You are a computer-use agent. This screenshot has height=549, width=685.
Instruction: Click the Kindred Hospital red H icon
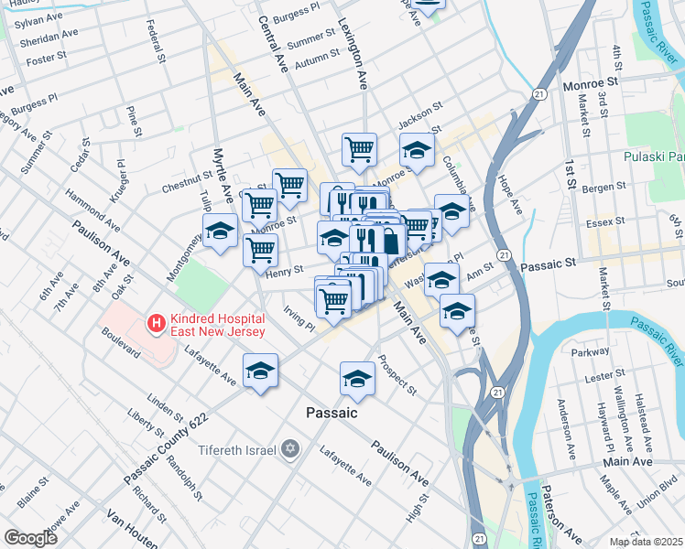156,323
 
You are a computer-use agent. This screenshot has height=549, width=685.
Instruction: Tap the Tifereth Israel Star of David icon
291,449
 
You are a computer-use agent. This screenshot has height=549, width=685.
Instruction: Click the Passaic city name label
331,414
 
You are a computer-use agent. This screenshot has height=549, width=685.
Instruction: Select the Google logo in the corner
30,538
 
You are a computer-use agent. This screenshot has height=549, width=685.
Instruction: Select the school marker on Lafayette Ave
260,371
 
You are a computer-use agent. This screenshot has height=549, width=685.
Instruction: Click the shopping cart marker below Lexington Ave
360,147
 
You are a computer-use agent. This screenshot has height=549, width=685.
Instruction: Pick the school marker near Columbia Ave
417,149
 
